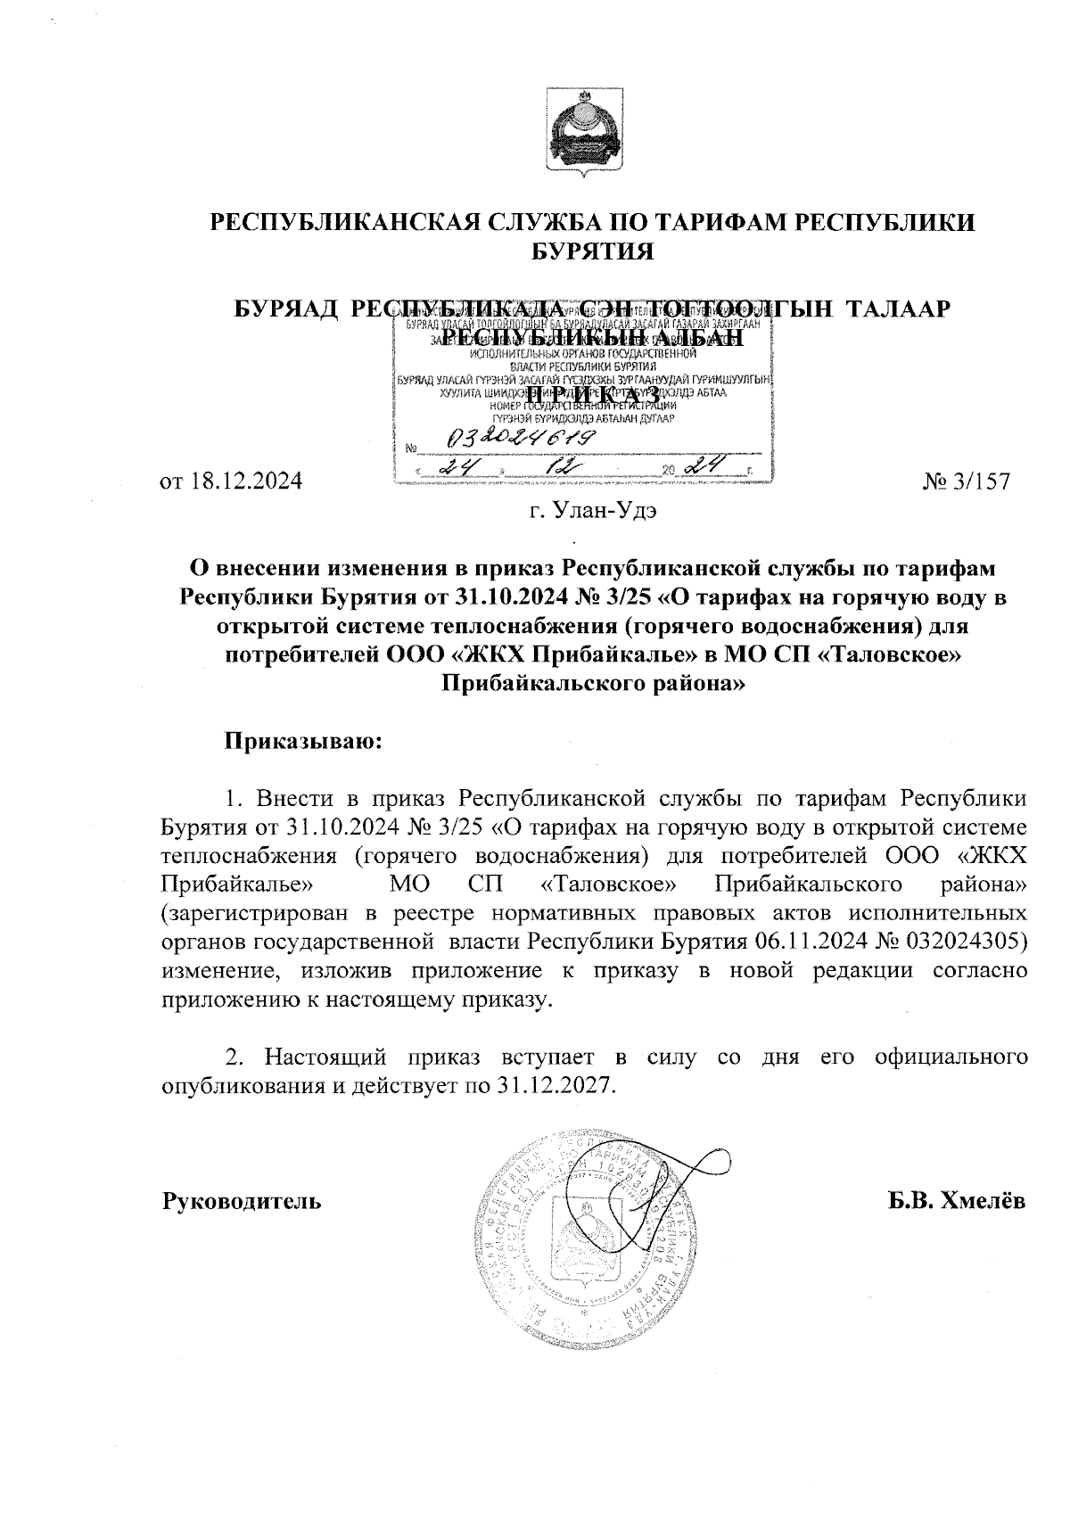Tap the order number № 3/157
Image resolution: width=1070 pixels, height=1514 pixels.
[967, 482]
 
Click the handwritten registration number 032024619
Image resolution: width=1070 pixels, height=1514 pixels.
[522, 438]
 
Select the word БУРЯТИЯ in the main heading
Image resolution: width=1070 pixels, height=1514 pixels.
[592, 251]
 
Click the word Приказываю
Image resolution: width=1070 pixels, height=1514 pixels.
[302, 740]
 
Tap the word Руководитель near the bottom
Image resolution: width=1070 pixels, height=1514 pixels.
[242, 1201]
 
